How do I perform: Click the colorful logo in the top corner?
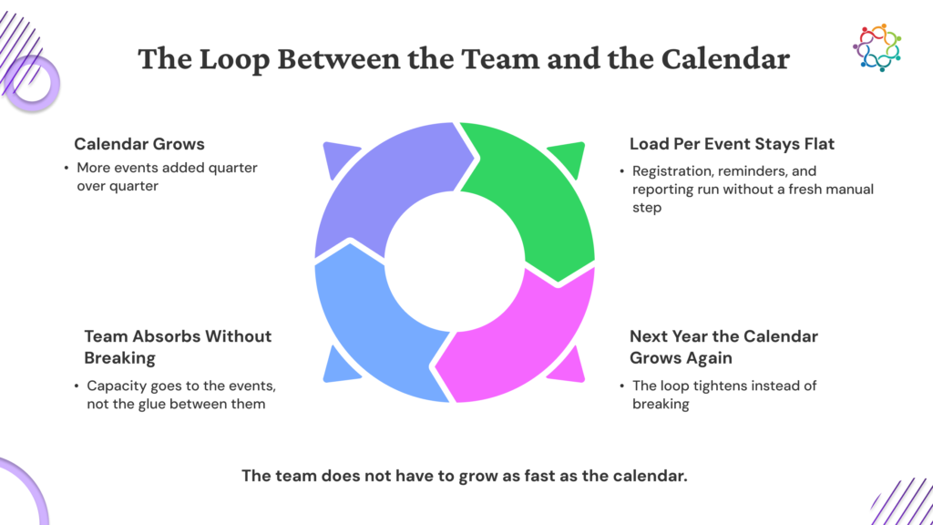click(x=877, y=47)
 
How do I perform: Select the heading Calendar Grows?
click(x=139, y=144)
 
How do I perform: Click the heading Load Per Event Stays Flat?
click(x=732, y=144)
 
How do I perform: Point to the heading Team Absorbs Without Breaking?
click(x=178, y=347)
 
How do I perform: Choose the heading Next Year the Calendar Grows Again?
click(x=723, y=347)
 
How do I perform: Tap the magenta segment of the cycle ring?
click(x=524, y=345)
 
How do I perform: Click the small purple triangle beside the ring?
click(x=337, y=157)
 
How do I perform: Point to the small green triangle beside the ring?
click(x=570, y=157)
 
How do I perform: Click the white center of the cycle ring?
click(x=455, y=262)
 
